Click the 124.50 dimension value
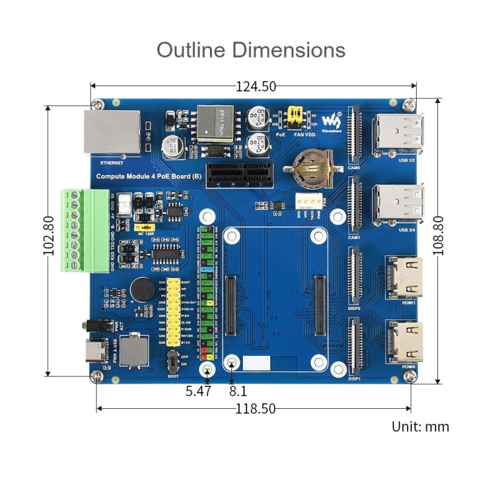tap(255, 86)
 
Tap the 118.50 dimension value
tap(255, 408)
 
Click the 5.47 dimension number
tap(198, 391)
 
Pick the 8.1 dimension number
tap(238, 391)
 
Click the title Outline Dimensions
tap(251, 50)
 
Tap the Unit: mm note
tap(420, 426)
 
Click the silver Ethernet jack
tap(111, 133)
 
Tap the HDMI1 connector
tap(403, 277)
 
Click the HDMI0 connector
tap(403, 342)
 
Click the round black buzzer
tap(141, 289)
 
